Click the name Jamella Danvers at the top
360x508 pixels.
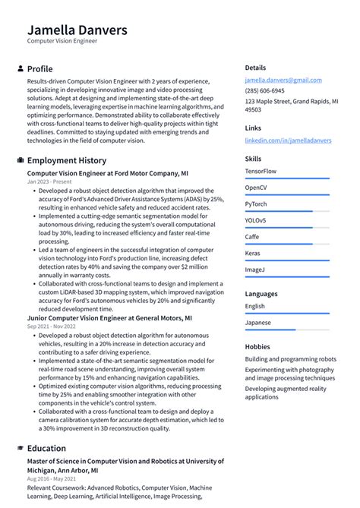(77, 30)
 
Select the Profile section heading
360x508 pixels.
(39, 69)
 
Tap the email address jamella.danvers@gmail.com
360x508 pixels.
(283, 80)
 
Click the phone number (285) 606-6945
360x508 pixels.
(264, 90)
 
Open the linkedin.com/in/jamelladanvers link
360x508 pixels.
(288, 140)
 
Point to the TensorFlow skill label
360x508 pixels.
(261, 171)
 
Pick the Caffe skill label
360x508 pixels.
(253, 236)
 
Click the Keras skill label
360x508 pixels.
(253, 253)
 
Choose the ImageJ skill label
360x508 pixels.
(255, 270)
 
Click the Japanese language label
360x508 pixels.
(259, 322)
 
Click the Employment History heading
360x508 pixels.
(67, 161)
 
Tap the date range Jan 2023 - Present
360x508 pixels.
(49, 182)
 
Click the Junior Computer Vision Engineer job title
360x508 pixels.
(109, 318)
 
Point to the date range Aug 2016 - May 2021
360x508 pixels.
(52, 479)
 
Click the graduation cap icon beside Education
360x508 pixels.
(20, 448)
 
